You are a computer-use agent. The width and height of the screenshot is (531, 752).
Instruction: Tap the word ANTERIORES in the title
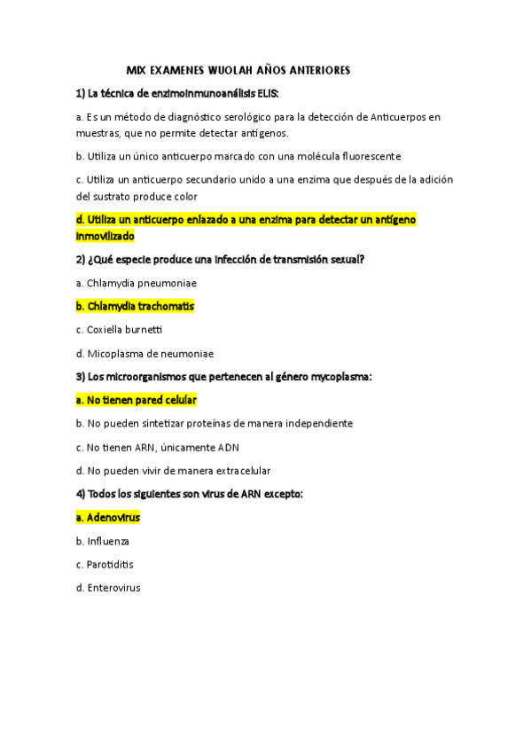(317, 69)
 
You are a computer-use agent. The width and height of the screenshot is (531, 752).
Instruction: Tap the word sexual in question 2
(344, 259)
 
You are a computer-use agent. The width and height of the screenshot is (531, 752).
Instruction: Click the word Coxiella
(108, 329)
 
